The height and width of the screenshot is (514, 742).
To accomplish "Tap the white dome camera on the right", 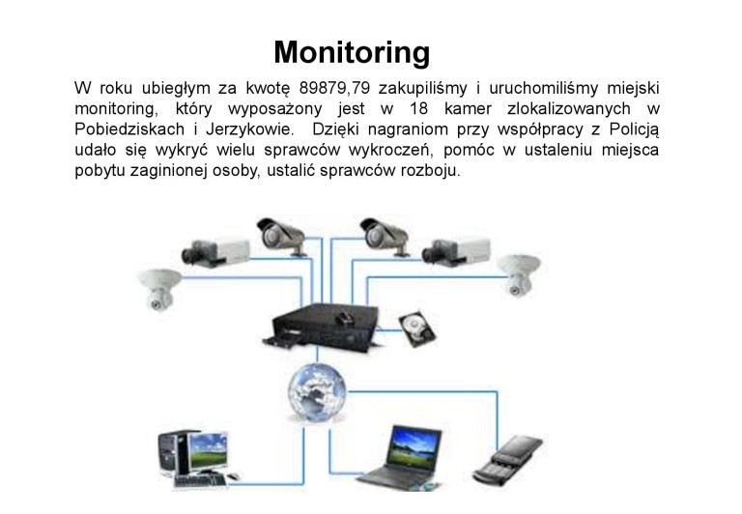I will pos(518,276).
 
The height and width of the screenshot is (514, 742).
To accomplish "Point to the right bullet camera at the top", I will pos(387,234).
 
